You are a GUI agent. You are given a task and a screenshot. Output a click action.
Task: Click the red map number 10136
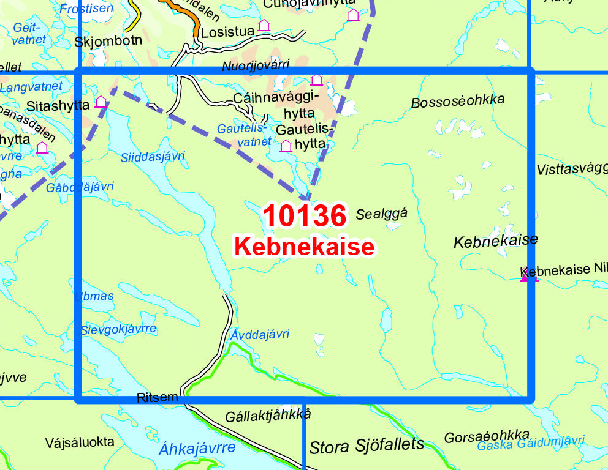[305, 215]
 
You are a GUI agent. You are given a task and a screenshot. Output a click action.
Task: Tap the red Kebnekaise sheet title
[304, 247]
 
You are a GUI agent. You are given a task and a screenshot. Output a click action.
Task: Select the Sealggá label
[381, 214]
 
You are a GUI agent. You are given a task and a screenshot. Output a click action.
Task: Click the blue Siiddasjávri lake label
[153, 157]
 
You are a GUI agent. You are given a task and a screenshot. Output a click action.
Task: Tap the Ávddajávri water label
[259, 334]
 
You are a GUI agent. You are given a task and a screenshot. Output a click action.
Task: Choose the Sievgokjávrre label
[118, 329]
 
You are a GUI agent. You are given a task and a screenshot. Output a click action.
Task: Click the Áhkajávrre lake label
[197, 448]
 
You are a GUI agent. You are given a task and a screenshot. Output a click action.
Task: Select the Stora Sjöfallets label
[367, 445]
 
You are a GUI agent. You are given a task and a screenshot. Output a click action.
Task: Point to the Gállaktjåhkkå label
[268, 415]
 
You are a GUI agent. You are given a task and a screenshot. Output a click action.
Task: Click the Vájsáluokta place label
[80, 441]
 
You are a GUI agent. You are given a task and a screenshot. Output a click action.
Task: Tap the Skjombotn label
[108, 41]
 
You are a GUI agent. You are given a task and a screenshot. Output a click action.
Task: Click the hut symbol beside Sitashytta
[101, 102]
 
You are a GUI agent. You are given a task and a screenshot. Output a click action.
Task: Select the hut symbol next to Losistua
[264, 25]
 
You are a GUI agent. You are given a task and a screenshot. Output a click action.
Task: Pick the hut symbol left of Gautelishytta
[286, 146]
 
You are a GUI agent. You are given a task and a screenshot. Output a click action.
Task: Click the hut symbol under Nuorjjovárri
[316, 80]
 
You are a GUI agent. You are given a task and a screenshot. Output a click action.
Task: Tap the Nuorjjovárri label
[256, 66]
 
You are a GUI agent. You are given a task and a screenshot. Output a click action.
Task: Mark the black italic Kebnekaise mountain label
[495, 241]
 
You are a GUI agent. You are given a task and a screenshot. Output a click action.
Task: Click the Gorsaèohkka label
[486, 436]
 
